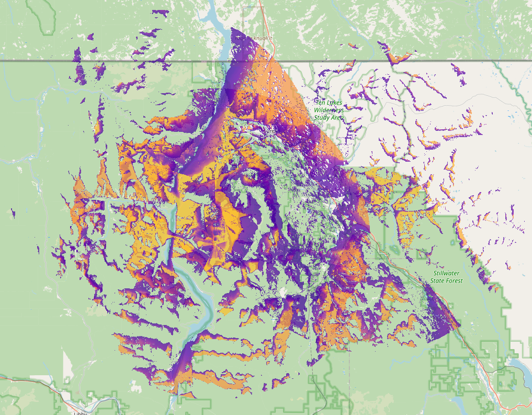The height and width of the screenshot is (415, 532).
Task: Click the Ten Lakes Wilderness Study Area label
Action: click(329, 110)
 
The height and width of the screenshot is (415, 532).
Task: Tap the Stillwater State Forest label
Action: click(447, 277)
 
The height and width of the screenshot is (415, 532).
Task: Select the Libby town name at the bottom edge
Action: click(80, 413)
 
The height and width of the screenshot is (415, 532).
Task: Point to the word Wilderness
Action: click(330, 110)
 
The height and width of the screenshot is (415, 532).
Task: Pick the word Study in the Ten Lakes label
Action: click(322, 118)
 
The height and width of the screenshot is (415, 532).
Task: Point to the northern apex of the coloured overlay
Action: click(232, 28)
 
